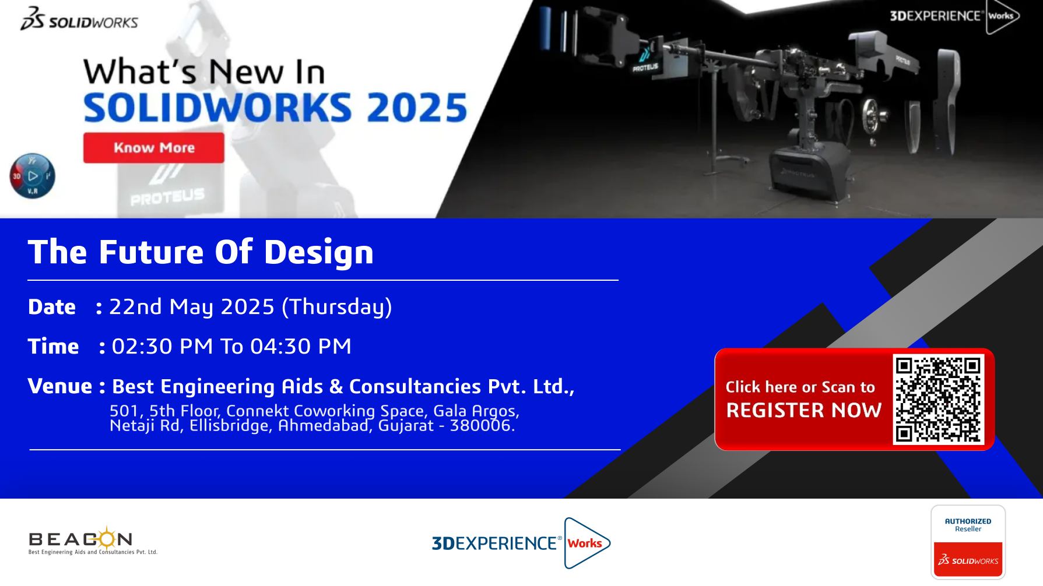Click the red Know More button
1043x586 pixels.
click(x=153, y=148)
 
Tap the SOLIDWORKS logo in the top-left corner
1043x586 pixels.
click(x=79, y=19)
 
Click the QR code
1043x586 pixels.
click(x=938, y=400)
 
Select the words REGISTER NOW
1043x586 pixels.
click(x=803, y=410)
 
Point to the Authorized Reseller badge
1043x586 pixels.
click(x=968, y=542)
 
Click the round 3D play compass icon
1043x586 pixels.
click(x=33, y=176)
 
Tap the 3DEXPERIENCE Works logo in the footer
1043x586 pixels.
click(x=521, y=543)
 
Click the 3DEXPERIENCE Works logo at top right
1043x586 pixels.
click(x=954, y=16)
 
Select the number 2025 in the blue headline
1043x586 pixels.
click(x=417, y=108)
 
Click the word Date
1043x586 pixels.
click(x=52, y=307)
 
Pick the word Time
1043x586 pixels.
click(x=53, y=347)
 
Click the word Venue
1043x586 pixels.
click(x=60, y=386)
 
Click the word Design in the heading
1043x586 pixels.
click(x=319, y=253)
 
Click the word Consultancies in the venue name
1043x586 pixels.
click(x=415, y=387)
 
